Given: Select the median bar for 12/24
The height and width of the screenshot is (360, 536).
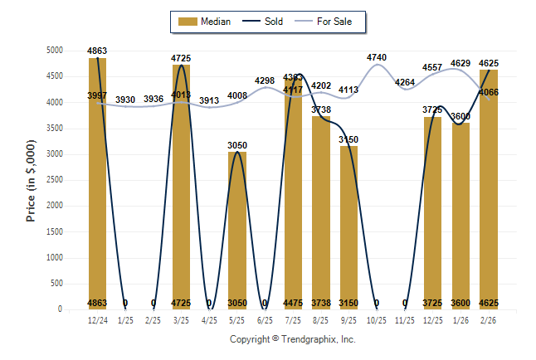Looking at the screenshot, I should coord(97,182).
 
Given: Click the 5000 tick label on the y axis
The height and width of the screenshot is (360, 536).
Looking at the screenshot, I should coord(54,51).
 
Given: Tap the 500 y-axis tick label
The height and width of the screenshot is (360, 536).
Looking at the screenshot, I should coord(56,284).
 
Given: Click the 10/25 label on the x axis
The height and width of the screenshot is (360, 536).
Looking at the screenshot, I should coord(377,319).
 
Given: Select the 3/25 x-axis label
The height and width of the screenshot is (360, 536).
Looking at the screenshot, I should coord(181,319).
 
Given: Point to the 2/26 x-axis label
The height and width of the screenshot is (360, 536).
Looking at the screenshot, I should coord(489,319).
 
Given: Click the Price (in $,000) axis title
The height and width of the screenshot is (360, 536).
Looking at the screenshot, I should coord(32,180).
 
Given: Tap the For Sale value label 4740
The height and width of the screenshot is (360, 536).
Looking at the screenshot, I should coord(377,57).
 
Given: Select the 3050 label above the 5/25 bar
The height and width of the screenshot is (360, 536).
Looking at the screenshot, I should coord(237,145).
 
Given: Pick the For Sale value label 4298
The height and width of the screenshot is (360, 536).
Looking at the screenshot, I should coord(265,80).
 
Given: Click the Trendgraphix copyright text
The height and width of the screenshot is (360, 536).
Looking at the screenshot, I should coord(292,339).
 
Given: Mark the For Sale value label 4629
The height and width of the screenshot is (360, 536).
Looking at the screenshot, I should coord(460,63).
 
